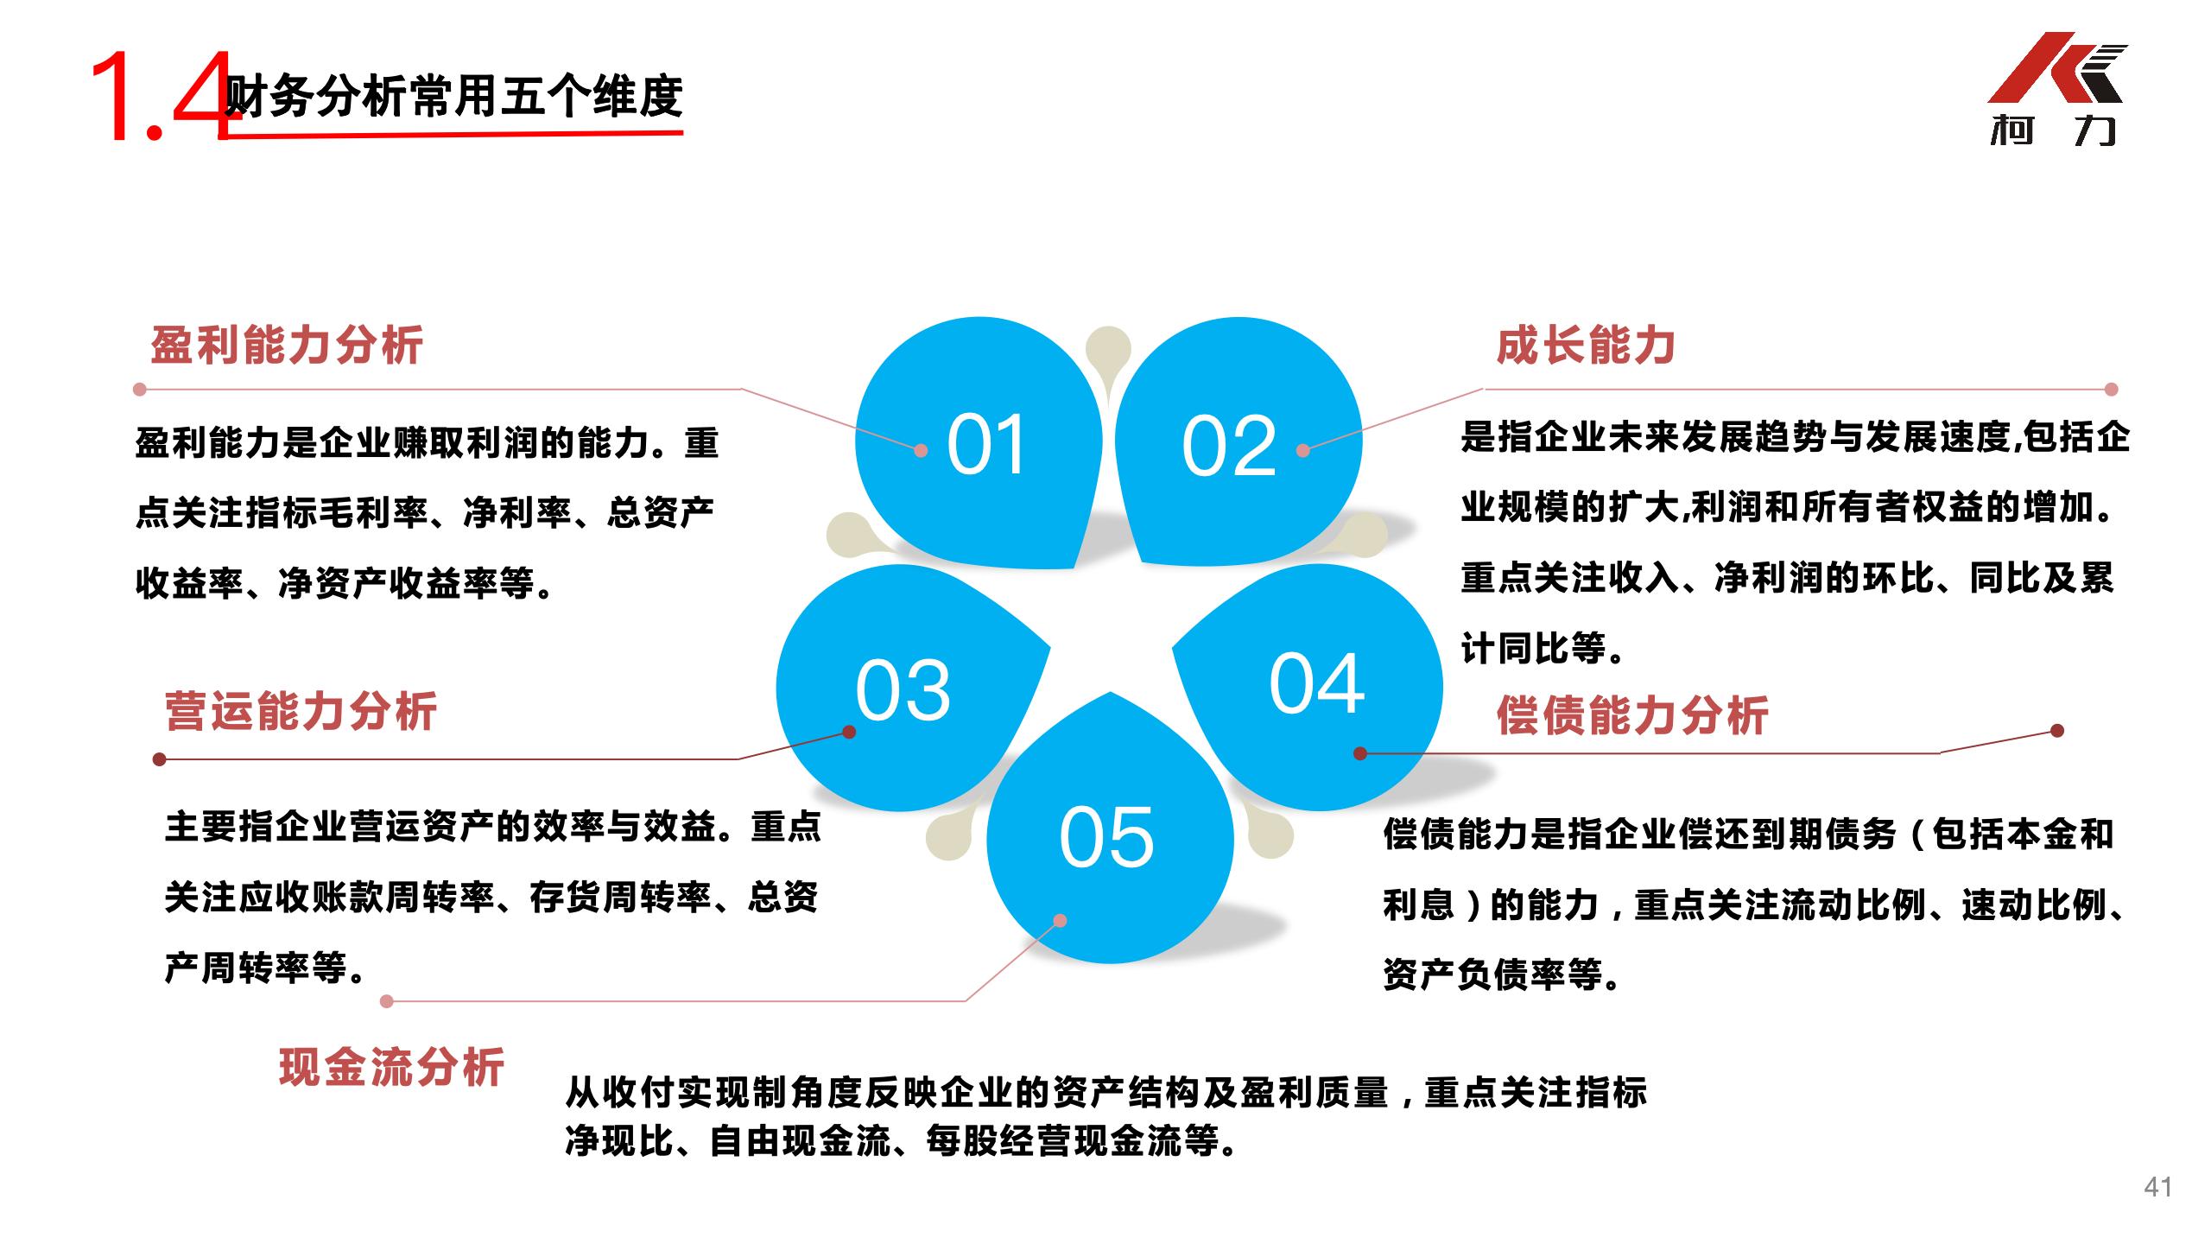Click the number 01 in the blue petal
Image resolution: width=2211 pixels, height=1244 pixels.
(x=985, y=445)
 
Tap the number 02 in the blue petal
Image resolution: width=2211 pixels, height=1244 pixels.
(x=1228, y=446)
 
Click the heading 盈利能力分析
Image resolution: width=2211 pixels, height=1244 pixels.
(x=287, y=346)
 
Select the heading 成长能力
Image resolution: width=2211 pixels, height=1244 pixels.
(x=1586, y=346)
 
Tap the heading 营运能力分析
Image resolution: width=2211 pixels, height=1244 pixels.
(x=301, y=712)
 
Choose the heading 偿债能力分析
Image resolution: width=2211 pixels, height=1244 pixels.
(x=1632, y=715)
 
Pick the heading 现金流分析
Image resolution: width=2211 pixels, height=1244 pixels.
(x=391, y=1067)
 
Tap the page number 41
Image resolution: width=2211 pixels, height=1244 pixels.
(x=2157, y=1187)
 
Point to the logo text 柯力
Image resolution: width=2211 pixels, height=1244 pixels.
(x=2054, y=132)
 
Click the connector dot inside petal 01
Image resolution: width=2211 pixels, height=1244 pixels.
(x=921, y=450)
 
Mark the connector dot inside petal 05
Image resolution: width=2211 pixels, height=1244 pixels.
(x=1061, y=921)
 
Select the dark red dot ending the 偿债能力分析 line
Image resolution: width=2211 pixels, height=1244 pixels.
(x=2056, y=731)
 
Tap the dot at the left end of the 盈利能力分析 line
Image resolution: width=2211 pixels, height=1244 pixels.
(x=140, y=390)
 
